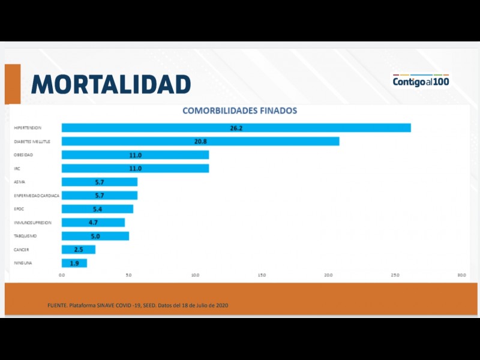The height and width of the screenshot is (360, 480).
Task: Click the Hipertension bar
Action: (236, 128)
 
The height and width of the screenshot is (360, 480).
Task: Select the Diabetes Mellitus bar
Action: (200, 141)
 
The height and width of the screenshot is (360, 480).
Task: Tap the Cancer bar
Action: (78, 250)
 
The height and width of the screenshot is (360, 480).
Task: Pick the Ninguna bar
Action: (74, 263)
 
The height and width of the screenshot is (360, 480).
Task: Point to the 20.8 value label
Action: (200, 141)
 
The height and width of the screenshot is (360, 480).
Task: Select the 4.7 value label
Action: (93, 223)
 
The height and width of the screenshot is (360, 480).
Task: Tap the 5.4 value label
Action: (98, 209)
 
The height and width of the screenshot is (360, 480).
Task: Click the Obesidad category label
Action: (24, 155)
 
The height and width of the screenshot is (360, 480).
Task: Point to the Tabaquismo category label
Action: (26, 236)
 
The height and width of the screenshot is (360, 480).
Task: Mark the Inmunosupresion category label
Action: (32, 223)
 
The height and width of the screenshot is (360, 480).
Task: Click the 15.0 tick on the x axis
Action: (262, 275)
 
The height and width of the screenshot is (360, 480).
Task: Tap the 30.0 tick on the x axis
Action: (461, 275)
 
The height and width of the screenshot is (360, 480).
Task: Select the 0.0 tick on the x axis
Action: (62, 275)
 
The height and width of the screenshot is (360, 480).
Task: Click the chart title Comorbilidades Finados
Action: (239, 111)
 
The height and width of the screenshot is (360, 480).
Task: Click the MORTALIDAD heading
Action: (111, 85)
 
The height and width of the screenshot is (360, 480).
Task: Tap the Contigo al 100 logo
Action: (421, 80)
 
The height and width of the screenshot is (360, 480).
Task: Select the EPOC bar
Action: (97, 209)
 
